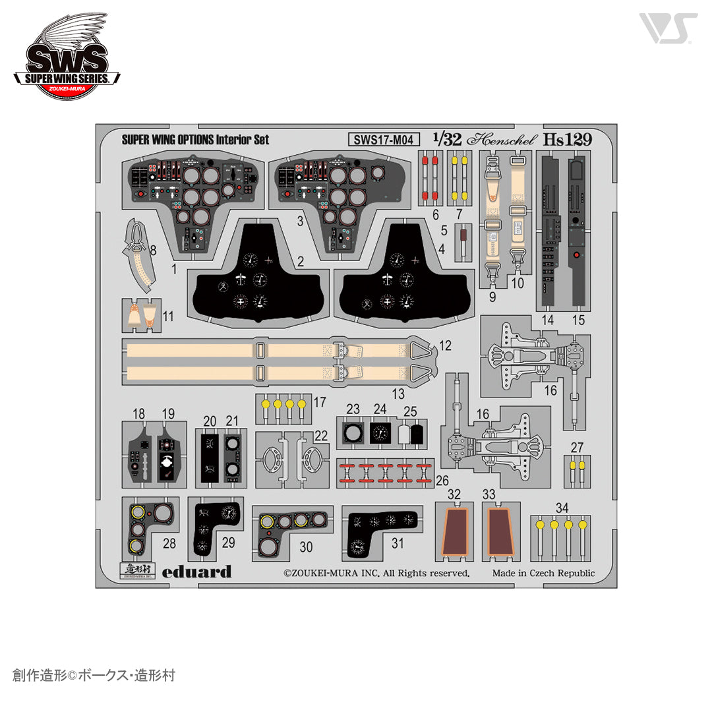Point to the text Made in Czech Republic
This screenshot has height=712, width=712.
click(x=543, y=573)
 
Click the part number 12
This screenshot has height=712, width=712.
click(x=445, y=345)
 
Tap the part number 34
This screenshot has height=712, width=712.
click(x=561, y=508)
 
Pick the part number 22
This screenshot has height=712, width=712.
click(x=321, y=435)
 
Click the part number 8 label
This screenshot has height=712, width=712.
click(x=153, y=251)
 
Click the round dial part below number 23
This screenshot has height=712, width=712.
click(x=353, y=433)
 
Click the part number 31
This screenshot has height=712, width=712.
click(x=398, y=543)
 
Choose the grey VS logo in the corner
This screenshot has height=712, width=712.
click(x=667, y=28)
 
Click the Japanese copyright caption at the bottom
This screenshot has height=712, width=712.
click(x=94, y=676)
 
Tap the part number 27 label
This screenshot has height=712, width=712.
click(x=577, y=448)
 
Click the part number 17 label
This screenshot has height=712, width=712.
click(x=320, y=401)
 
